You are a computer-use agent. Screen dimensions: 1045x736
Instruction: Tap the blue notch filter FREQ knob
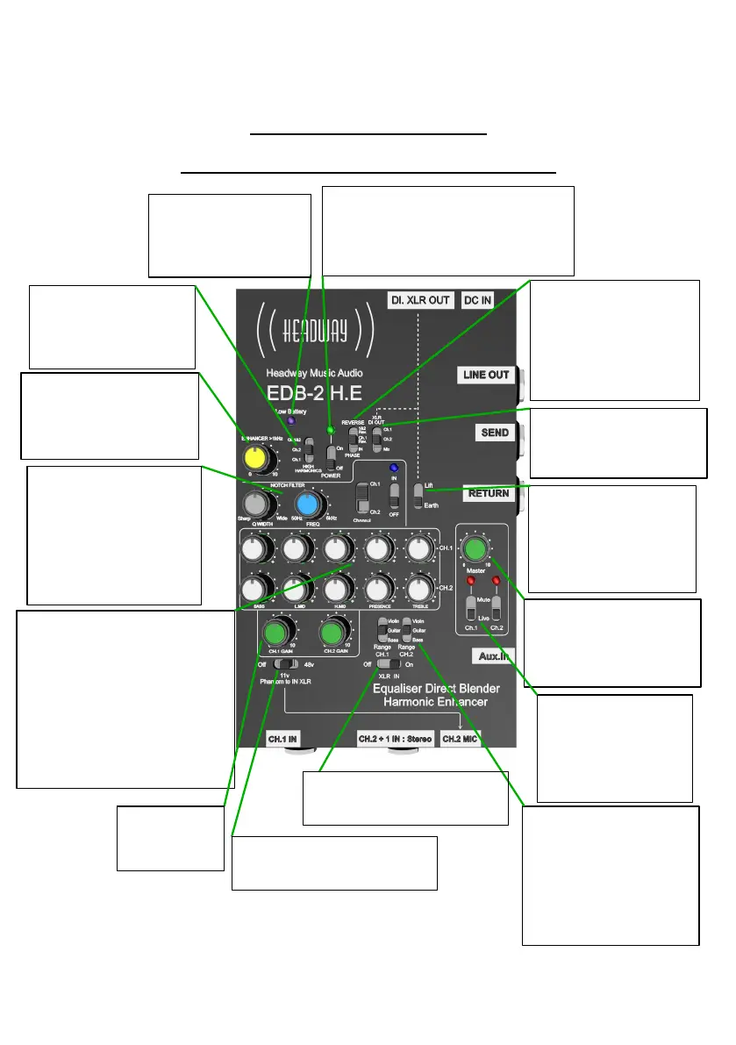(x=307, y=505)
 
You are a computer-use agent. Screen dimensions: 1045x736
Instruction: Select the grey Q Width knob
(x=256, y=505)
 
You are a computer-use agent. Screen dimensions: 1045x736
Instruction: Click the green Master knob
(x=475, y=549)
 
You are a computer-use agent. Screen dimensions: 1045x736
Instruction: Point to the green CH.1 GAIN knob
(x=276, y=632)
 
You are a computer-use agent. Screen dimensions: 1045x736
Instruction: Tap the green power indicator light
(x=330, y=430)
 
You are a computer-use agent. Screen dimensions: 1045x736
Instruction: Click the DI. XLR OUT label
(x=420, y=300)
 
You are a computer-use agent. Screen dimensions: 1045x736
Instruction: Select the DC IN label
(x=478, y=300)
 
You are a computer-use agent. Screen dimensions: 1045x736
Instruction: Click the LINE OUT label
(x=486, y=376)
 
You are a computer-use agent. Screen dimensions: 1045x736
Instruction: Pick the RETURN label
(x=489, y=493)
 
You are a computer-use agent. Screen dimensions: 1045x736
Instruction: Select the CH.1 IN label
(x=282, y=739)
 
